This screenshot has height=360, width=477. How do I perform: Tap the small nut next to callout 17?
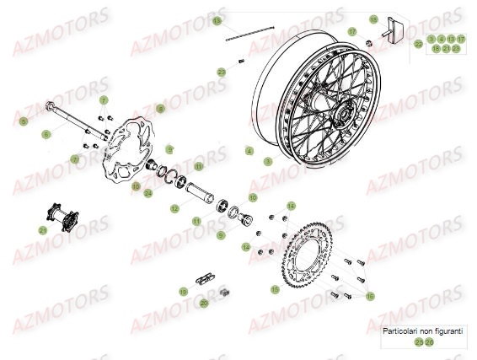tap(369, 42)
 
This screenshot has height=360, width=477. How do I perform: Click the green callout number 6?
tap(46, 134)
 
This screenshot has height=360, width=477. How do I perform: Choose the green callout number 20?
tap(203, 303)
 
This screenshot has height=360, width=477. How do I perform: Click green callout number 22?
tap(419, 44)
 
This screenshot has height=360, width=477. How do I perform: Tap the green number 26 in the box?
tap(430, 342)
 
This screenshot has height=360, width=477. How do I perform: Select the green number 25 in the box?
tap(418, 342)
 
